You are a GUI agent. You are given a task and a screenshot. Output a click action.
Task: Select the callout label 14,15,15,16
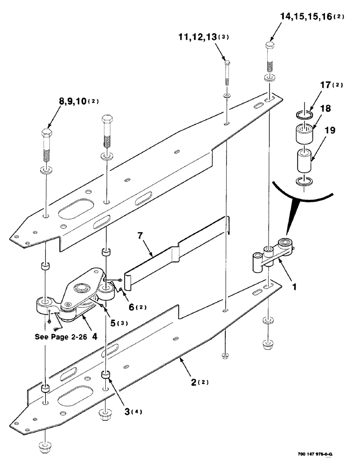pos(305,17)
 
